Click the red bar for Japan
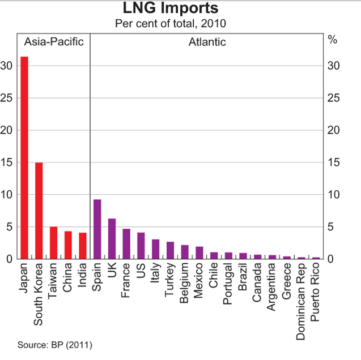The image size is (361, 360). [x=24, y=158]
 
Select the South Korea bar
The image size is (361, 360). [x=39, y=211]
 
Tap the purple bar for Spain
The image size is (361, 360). [x=97, y=229]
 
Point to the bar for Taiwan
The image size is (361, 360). [x=54, y=243]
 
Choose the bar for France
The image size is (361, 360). [x=127, y=244]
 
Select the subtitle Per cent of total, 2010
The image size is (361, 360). [x=171, y=23]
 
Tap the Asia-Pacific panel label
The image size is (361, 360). [x=53, y=42]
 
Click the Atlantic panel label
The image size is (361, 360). [x=207, y=42]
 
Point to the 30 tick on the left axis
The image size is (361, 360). [x=7, y=66]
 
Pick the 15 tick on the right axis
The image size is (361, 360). [x=334, y=162]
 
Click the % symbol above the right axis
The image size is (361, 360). [x=333, y=41]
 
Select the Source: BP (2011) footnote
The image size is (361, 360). [x=54, y=344]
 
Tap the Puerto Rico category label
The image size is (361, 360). [x=316, y=294]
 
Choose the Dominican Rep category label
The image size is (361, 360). [x=301, y=303]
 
